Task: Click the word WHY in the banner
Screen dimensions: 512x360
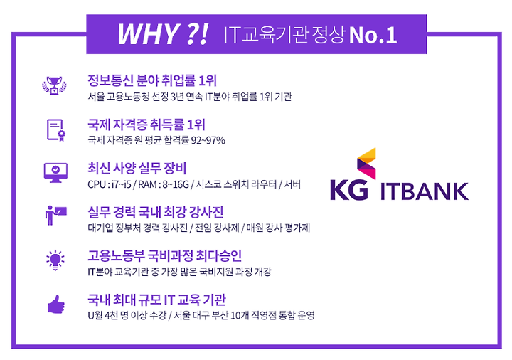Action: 148,34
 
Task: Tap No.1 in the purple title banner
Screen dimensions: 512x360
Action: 373,36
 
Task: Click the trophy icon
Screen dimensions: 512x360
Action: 54,85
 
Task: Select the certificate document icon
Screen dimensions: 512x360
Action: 56,130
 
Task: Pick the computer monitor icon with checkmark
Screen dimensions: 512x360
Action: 56,172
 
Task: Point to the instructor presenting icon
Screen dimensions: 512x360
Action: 56,216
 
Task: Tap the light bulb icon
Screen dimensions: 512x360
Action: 55,260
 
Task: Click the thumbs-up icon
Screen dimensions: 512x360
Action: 56,305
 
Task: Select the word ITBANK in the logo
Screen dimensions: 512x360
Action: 425,191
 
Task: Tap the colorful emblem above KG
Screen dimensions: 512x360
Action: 366,163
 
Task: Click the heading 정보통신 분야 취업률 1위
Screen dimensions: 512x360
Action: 152,80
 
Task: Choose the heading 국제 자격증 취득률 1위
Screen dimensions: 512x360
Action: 146,125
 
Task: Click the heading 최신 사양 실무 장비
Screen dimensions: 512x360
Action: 137,168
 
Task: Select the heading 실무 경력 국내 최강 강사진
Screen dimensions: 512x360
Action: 156,212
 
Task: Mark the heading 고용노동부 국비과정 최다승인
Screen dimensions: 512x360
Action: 164,256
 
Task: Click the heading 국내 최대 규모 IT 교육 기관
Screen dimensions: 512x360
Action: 156,300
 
